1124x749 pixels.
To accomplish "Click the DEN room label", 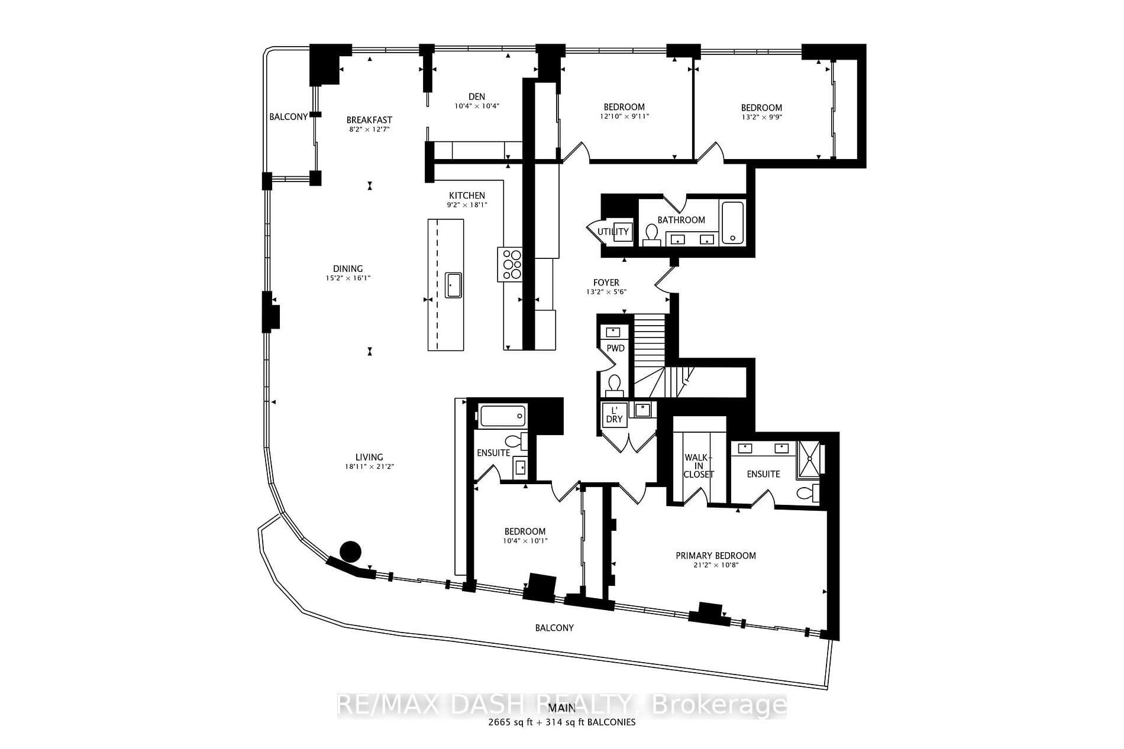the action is [477, 97].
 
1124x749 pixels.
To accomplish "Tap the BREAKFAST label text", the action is [369, 120].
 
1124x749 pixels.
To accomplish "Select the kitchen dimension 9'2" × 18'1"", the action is [467, 205].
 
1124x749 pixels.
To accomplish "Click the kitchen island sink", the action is [453, 286].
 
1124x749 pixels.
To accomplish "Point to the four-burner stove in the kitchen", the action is [510, 264].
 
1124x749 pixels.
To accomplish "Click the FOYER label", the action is [606, 283].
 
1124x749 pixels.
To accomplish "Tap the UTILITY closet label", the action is [613, 232].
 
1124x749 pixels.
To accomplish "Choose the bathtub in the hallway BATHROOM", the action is [732, 222].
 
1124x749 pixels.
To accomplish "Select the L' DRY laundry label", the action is [615, 414].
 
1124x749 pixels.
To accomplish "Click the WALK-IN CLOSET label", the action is [699, 466].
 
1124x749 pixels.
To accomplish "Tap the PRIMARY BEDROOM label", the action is [716, 556].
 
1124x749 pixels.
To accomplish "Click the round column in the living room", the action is [350, 552].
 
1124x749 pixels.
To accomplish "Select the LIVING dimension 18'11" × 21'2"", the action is [369, 466].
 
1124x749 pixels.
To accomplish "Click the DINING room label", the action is [348, 269].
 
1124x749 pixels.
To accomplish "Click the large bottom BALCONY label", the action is [554, 628].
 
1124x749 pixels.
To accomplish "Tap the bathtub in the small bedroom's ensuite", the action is [502, 416].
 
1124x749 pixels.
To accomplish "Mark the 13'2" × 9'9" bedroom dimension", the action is [761, 117].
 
